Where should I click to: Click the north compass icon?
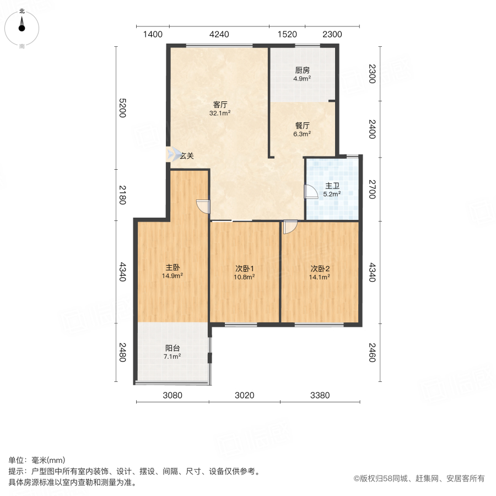tap(22, 25)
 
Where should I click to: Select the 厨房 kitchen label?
tap(302, 71)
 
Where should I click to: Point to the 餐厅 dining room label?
tap(302, 125)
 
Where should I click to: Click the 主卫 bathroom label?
tap(332, 186)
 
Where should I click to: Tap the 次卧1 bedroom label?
tap(245, 268)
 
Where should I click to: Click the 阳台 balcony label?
tap(172, 348)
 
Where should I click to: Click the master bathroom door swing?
tap(311, 192)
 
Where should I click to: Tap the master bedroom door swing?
tap(203, 206)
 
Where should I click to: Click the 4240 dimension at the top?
tap(219, 34)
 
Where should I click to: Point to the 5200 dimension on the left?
tap(122, 108)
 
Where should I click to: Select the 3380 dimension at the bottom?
tap(320, 395)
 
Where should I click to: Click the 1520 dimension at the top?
tap(287, 34)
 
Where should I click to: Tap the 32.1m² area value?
tap(220, 113)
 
